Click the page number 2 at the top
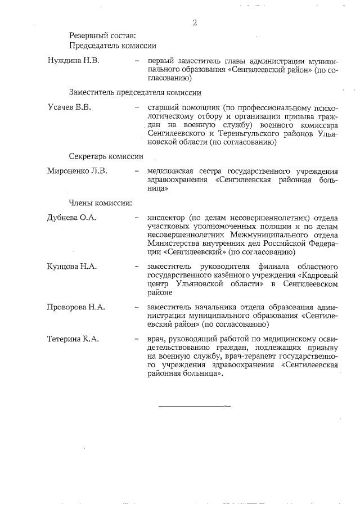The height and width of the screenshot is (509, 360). [195, 23]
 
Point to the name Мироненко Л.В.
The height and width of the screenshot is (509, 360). [77, 170]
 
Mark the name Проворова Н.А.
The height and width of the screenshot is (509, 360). [76, 307]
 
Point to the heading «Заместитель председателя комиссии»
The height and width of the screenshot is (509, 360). [135, 92]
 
